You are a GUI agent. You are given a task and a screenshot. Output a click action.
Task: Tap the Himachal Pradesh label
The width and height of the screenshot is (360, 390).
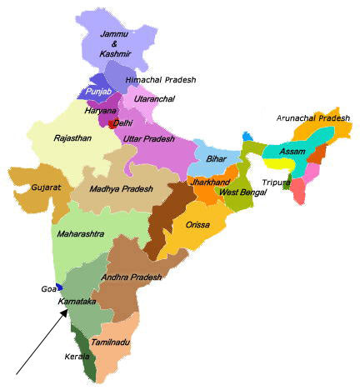(160, 79)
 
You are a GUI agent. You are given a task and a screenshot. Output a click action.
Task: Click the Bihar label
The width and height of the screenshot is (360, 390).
(217, 158)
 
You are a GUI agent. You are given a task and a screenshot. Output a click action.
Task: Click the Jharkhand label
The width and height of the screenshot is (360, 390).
(208, 181)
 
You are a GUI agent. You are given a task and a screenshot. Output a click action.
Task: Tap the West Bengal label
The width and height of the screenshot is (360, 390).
(242, 192)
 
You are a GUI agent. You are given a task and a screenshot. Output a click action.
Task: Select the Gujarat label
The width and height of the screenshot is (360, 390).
(47, 187)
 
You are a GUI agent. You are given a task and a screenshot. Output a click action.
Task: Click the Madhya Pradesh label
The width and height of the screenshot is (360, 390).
(122, 189)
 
